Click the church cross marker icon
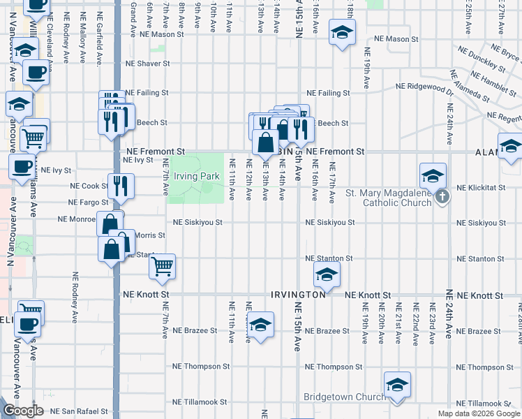coord(442,198)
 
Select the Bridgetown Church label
coord(339,397)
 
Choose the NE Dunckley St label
coord(480,59)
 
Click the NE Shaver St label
coord(147,64)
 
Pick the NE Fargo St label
coord(87,203)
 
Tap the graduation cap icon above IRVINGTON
coord(326,275)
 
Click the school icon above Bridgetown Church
coord(397,383)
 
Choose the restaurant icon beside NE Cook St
coord(120,184)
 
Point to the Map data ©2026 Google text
coord(479,413)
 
